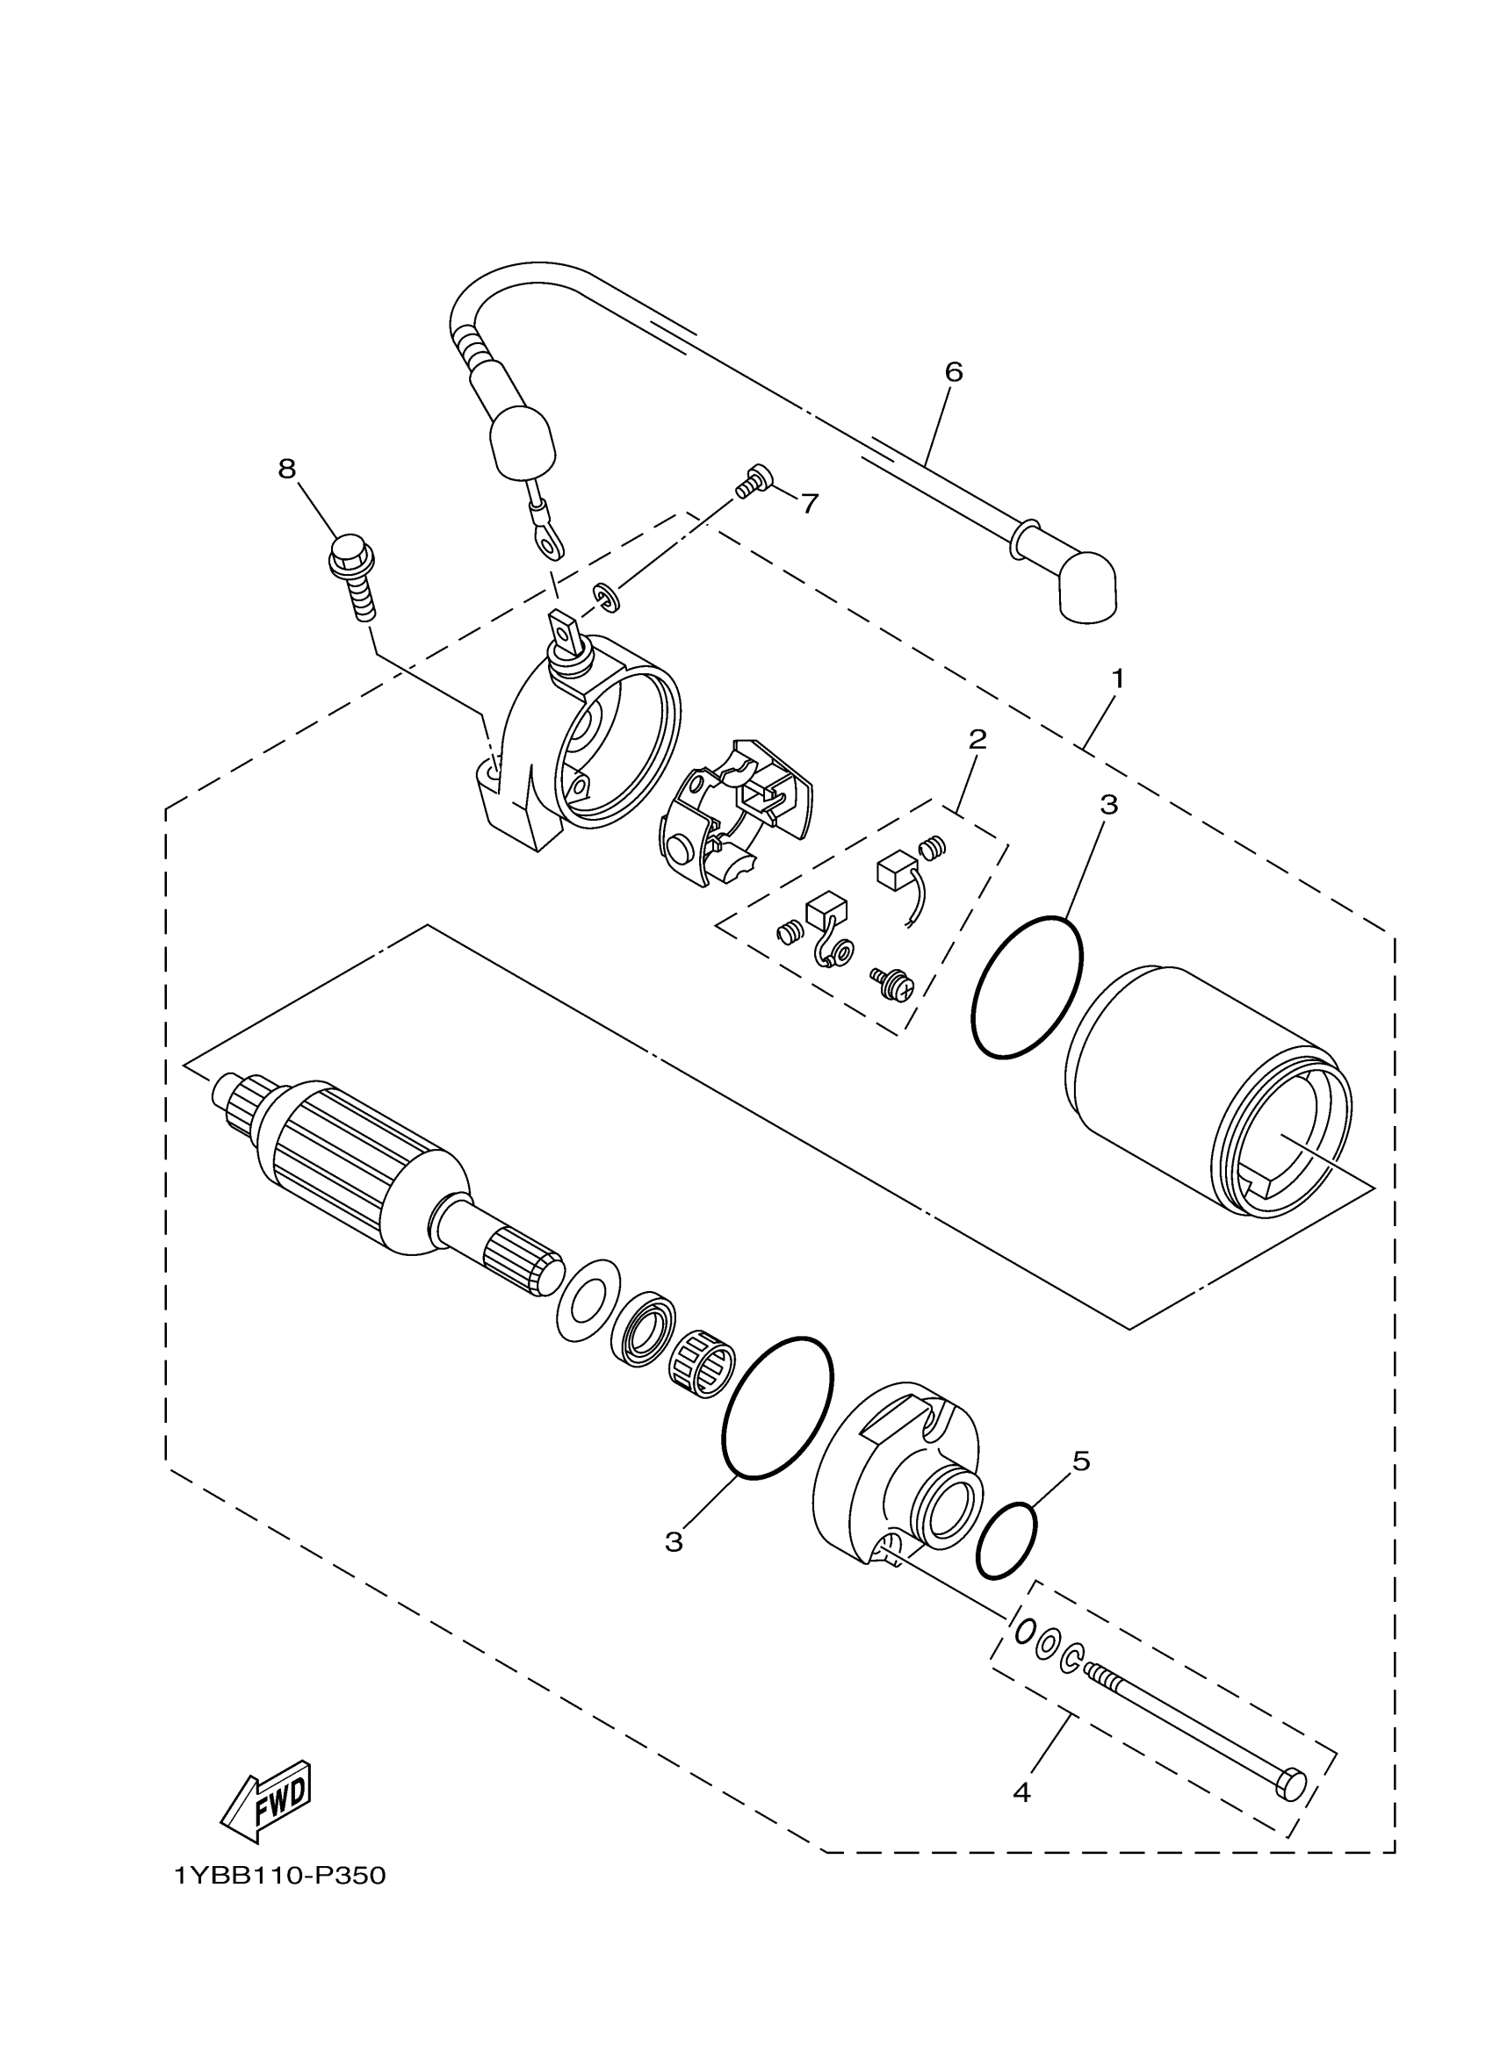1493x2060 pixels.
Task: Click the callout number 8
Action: click(x=287, y=469)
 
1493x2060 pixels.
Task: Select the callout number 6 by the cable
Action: click(x=953, y=371)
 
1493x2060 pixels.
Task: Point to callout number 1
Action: click(x=1118, y=678)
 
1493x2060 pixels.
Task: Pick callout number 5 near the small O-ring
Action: click(x=1080, y=1461)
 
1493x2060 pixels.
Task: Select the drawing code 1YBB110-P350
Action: click(x=281, y=1875)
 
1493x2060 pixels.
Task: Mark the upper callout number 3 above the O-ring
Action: click(x=1108, y=804)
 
